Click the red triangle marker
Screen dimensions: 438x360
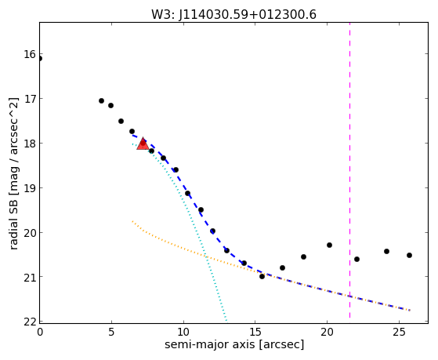pyautogui.click(x=143, y=144)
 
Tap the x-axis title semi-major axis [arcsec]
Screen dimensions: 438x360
pyautogui.click(x=234, y=344)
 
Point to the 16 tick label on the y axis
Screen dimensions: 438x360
pyautogui.click(x=30, y=54)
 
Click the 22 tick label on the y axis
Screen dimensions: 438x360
pyautogui.click(x=30, y=322)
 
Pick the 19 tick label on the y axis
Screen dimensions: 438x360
pyautogui.click(x=30, y=188)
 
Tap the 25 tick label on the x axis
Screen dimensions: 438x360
pyautogui.click(x=399, y=332)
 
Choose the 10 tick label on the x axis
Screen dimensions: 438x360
pyautogui.click(x=183, y=332)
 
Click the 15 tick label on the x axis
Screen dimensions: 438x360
pyautogui.click(x=255, y=332)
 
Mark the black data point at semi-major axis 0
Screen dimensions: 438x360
pyautogui.click(x=40, y=59)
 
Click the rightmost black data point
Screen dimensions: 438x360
pyautogui.click(x=409, y=255)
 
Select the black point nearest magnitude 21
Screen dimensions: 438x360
pyautogui.click(x=262, y=276)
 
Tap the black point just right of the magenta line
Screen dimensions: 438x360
pyautogui.click(x=357, y=260)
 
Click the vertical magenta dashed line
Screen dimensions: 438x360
pyautogui.click(x=349, y=171)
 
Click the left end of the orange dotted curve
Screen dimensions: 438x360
pyautogui.click(x=132, y=221)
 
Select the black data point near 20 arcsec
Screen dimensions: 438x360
pyautogui.click(x=329, y=245)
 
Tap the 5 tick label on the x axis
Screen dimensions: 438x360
pyautogui.click(x=111, y=332)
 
